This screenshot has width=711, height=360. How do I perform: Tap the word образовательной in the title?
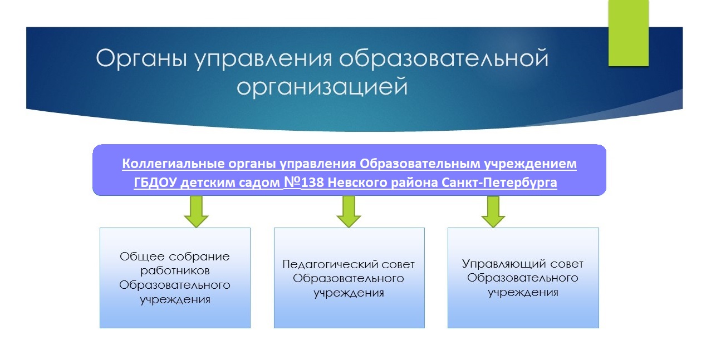pos(444,58)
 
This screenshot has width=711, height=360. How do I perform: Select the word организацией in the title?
pos(322,87)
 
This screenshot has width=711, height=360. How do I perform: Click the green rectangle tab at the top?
pos(629,33)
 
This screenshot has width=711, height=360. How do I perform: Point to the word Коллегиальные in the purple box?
pos(174,164)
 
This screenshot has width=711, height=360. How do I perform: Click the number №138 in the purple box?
pos(304,182)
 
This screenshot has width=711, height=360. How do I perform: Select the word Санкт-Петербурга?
pos(499,183)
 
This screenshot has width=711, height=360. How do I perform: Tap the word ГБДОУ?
pos(155,183)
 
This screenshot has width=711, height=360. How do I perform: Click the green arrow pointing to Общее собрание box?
pos(196,211)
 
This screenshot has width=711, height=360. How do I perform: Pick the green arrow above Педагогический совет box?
pos(349,211)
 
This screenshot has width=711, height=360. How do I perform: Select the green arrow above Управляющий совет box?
pos(493,211)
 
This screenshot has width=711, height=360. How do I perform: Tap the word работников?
pos(175,271)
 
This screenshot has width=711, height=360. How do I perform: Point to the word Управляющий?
pos(503,264)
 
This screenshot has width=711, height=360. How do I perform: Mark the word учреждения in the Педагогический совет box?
pos(349,293)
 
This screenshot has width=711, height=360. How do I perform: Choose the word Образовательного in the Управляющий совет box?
pos(523,278)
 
